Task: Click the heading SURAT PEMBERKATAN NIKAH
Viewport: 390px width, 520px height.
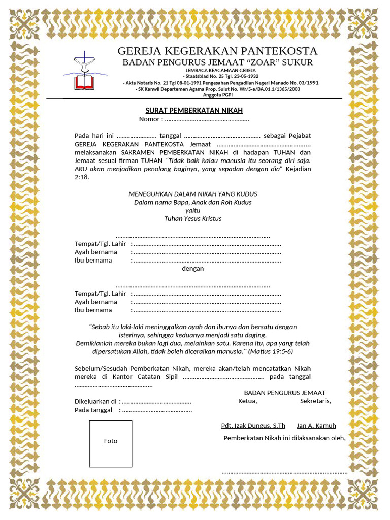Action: (194, 110)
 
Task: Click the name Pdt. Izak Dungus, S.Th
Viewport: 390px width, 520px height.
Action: (253, 426)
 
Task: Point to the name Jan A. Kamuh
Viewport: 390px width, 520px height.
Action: (316, 426)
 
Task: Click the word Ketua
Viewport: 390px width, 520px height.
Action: (248, 401)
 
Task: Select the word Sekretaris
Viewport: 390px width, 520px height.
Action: (315, 401)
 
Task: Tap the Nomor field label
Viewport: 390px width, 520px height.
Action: (151, 119)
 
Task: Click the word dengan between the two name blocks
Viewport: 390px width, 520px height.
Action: (193, 268)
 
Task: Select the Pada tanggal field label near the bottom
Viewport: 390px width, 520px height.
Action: (93, 410)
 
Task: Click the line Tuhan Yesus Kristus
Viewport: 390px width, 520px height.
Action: (193, 218)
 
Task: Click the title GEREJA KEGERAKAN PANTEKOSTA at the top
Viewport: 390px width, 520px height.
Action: (217, 51)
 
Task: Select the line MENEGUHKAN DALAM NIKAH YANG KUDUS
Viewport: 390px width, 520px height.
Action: (193, 194)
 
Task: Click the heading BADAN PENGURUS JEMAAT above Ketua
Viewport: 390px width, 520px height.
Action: (284, 393)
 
